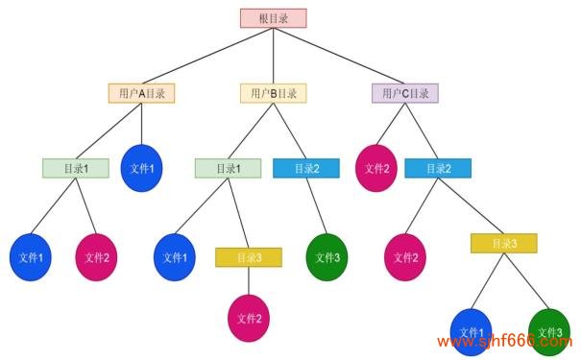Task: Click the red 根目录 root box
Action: click(x=273, y=18)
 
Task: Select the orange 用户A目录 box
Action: click(x=141, y=93)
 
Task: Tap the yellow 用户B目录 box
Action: click(x=273, y=93)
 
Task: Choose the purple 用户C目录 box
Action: click(x=404, y=93)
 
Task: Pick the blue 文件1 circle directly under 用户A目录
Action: click(x=141, y=168)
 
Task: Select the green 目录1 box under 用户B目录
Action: click(x=228, y=168)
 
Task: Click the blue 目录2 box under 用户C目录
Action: click(x=438, y=168)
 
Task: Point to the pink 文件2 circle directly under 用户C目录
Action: click(x=375, y=168)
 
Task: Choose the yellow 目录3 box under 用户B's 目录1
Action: click(x=248, y=256)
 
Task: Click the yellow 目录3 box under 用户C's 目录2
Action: click(x=503, y=243)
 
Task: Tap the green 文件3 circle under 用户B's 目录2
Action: click(x=327, y=256)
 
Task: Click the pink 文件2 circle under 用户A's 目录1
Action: click(x=96, y=256)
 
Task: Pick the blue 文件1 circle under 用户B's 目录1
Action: click(x=174, y=256)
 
